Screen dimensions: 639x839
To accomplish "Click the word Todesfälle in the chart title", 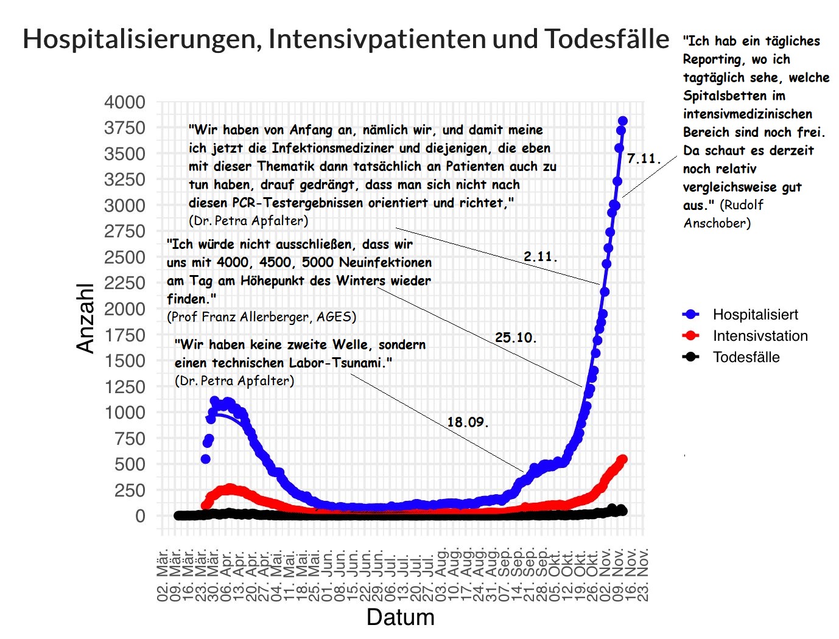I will coord(606,39).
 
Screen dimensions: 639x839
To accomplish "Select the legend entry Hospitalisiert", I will coord(755,315).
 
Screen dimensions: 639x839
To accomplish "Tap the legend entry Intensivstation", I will coord(760,336).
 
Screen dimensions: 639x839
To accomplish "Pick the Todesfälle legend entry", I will coord(746,357).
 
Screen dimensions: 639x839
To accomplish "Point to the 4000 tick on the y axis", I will coord(125,102).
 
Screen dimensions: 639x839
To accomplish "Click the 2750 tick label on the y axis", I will coord(125,231).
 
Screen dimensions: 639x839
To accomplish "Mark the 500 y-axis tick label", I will coord(130,464).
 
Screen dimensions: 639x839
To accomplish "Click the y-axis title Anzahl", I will coord(86,318).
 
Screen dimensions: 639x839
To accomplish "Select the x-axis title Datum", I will coord(400,617).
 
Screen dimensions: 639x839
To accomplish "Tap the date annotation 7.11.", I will coord(644,159).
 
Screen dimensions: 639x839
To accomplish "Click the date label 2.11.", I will coord(540,257).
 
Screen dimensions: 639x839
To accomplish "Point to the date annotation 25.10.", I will coord(516,337).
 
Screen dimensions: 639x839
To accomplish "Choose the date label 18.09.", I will coord(468,422).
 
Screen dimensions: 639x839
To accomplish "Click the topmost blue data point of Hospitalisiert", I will coord(622,121).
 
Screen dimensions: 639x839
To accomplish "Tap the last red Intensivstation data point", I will coord(622,459).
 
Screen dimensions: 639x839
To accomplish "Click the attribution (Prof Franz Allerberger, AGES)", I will coord(261,317).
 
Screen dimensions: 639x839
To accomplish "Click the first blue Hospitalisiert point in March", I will coord(206,459).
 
